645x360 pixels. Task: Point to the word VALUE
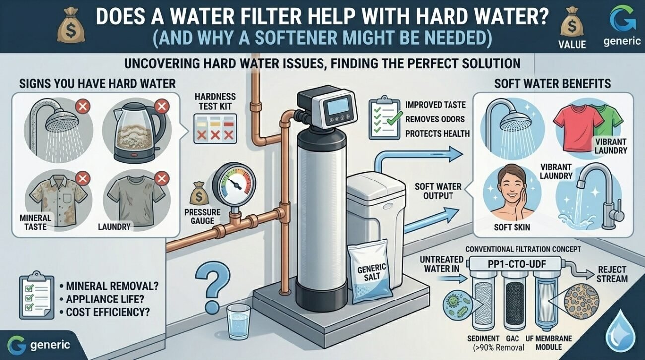(x=572, y=44)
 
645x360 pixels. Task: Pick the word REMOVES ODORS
(x=435, y=119)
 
